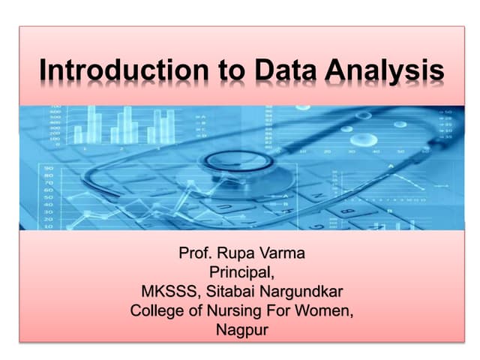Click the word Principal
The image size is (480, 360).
click(x=240, y=271)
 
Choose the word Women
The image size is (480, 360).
click(x=322, y=309)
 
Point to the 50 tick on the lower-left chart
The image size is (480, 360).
click(x=48, y=196)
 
